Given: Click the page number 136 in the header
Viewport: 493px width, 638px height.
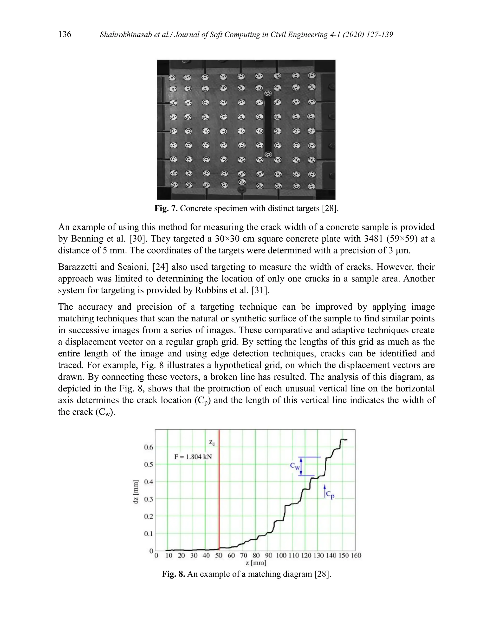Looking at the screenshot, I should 65,34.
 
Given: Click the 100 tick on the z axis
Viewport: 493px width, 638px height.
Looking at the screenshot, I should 281,555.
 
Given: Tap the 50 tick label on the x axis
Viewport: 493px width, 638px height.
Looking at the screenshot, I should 219,555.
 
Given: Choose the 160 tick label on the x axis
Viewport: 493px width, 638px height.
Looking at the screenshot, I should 356,555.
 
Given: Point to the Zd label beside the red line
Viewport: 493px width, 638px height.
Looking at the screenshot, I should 212,443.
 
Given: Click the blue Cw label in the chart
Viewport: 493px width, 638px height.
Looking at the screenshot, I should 295,466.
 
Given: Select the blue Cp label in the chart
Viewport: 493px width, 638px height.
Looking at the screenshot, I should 330,494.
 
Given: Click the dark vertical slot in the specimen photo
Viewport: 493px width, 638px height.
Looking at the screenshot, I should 267,124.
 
